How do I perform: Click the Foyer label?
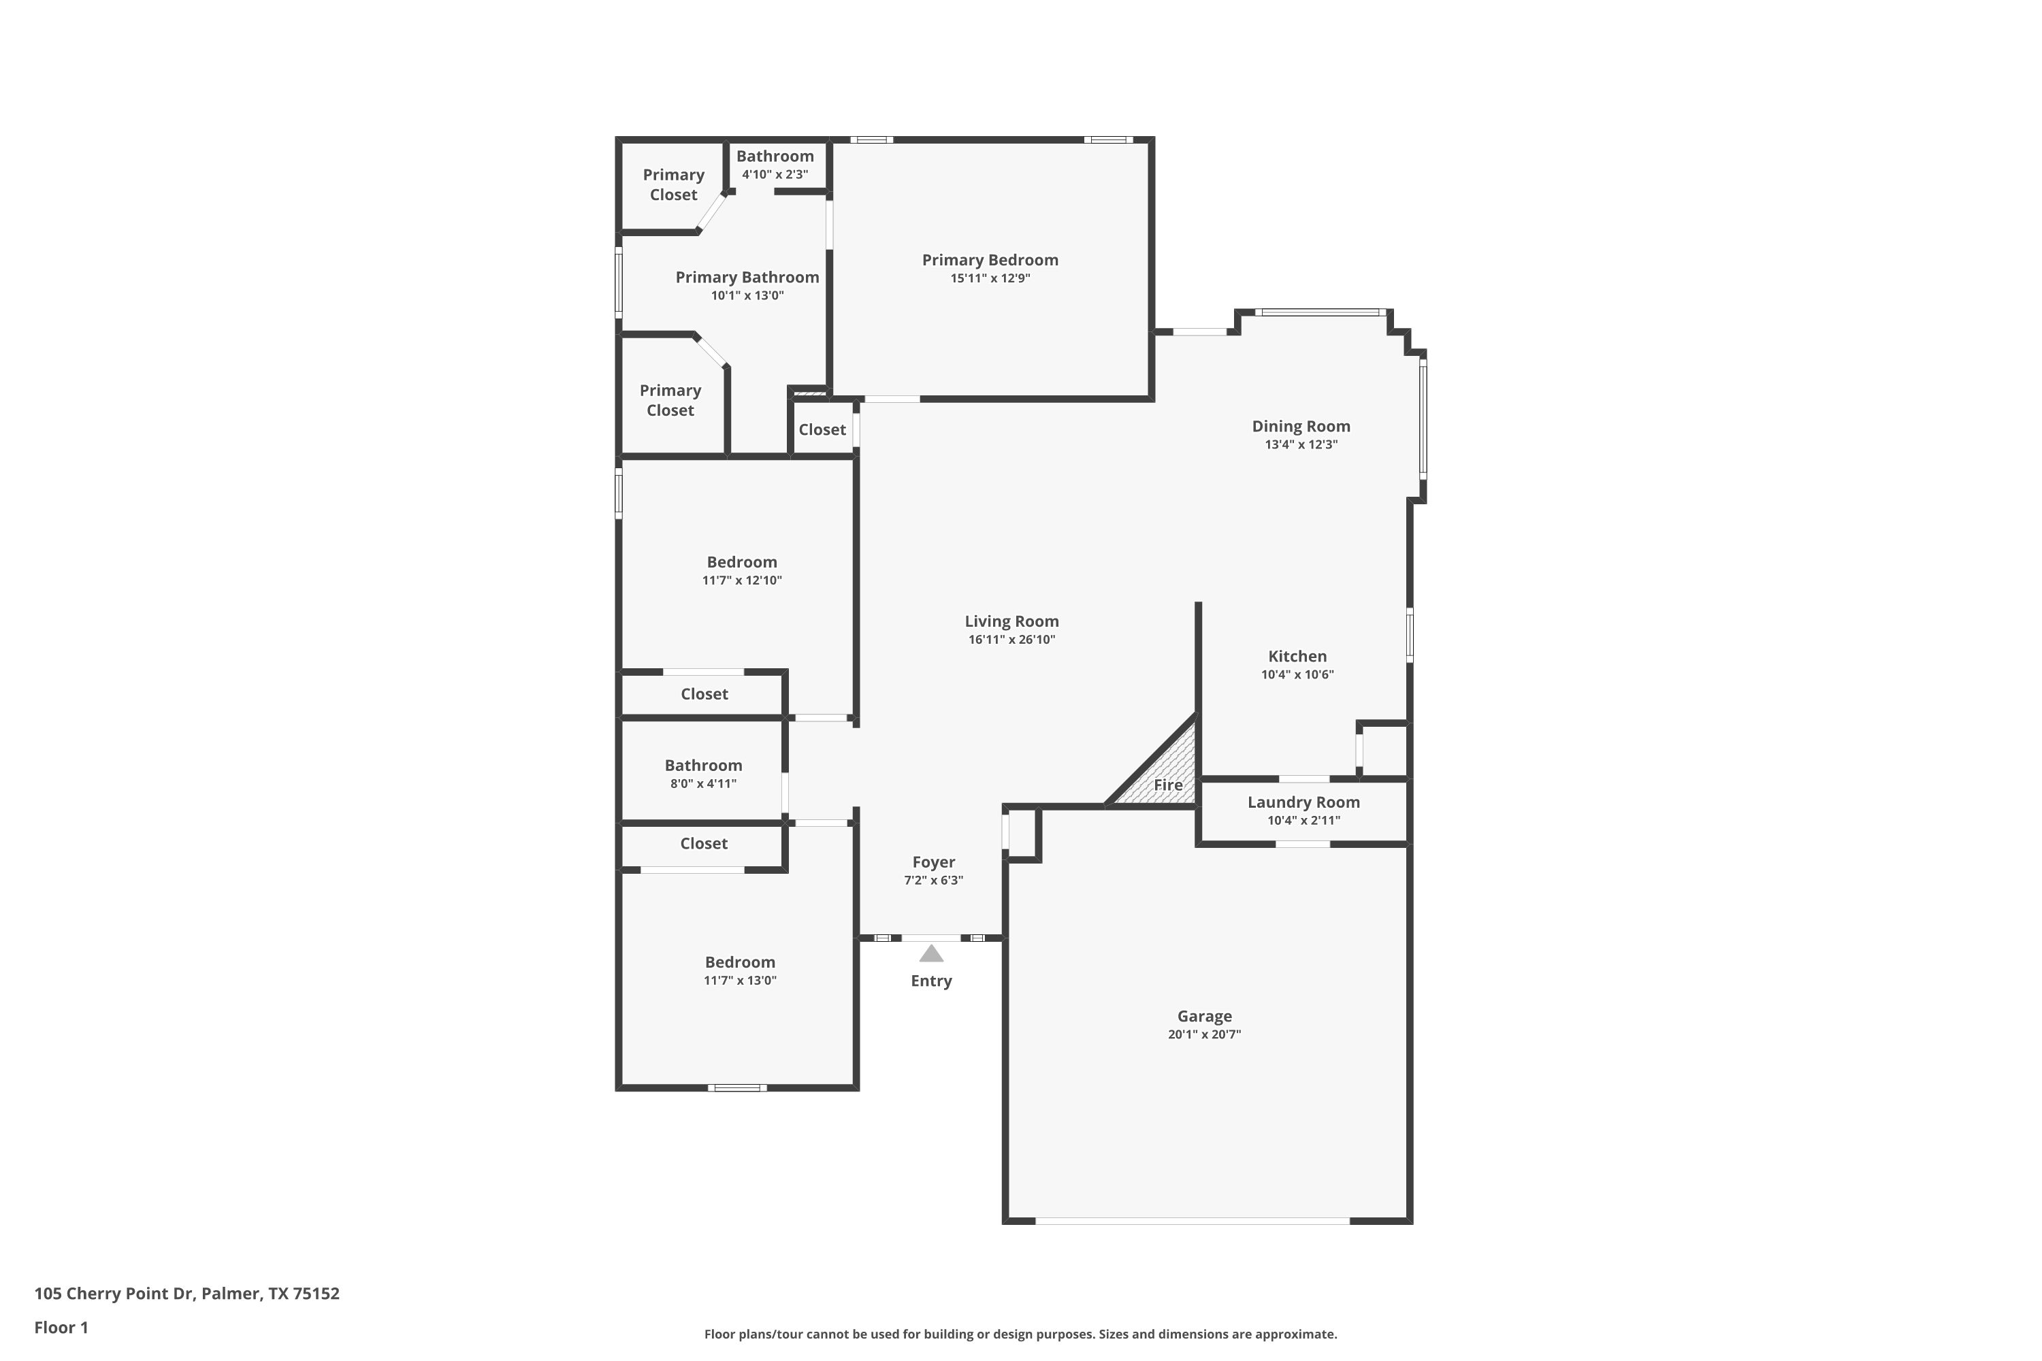coord(933,862)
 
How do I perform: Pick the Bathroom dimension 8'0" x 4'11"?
coord(703,784)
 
